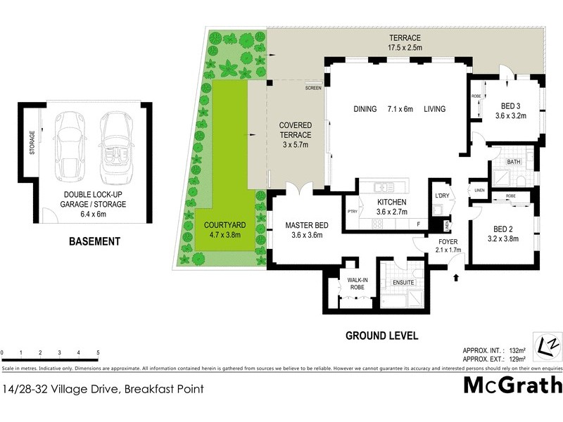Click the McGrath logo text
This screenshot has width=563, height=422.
point(512,385)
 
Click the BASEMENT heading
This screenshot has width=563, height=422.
point(94,241)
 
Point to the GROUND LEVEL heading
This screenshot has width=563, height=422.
point(381,335)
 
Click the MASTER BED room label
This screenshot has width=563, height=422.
point(303,226)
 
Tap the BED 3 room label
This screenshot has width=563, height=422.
point(510,107)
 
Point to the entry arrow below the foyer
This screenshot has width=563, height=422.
point(456,278)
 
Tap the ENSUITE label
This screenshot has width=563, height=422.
point(403,283)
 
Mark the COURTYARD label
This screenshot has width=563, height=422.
point(222,225)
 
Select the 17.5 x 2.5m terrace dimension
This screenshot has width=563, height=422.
point(405,47)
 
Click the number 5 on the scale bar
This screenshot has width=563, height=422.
point(98,352)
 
